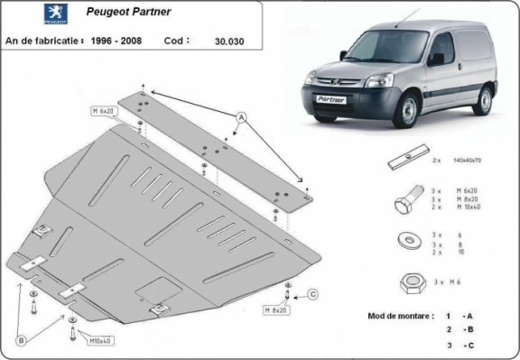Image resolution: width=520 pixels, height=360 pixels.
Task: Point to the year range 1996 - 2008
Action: (x=120, y=41)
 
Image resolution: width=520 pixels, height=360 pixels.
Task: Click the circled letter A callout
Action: (x=242, y=117)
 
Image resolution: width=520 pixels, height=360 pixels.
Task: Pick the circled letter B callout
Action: (x=20, y=339)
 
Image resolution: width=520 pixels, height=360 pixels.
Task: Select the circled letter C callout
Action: (x=312, y=293)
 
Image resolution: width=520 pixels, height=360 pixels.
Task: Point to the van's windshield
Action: (x=378, y=45)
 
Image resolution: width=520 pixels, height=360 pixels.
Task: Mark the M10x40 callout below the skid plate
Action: (x=100, y=342)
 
